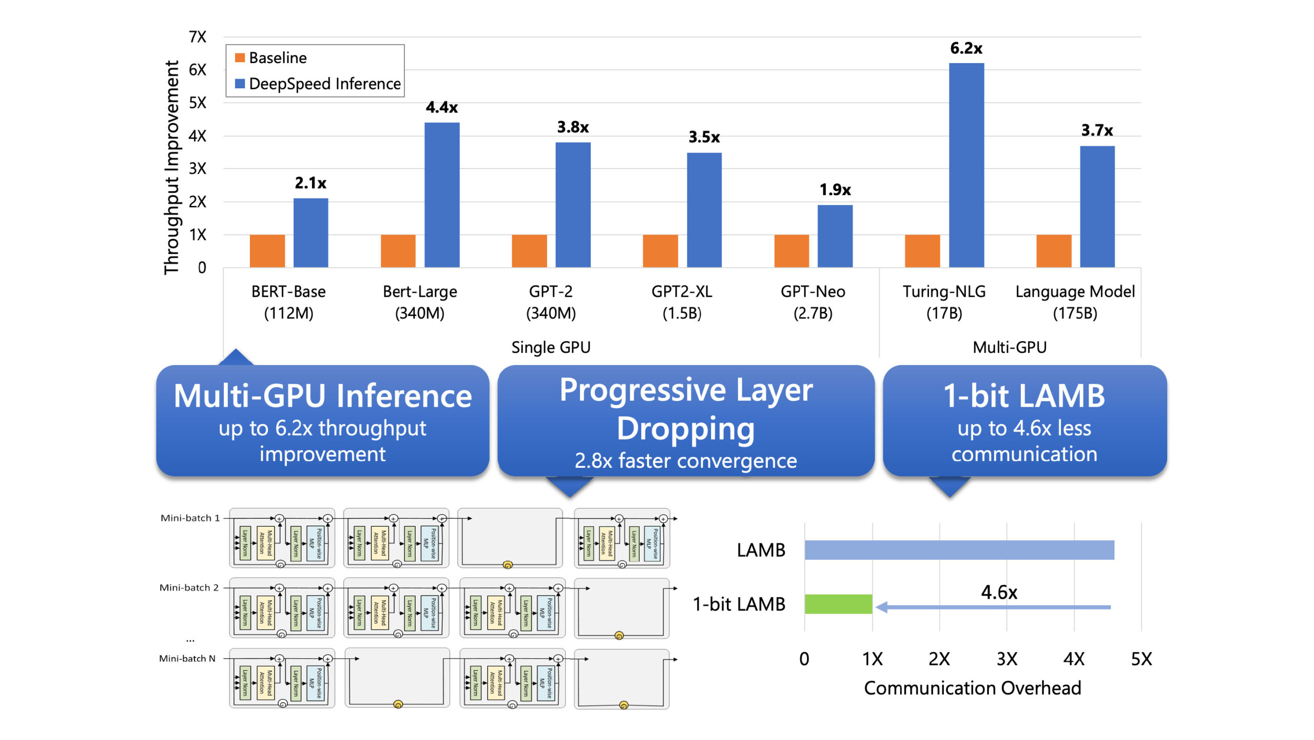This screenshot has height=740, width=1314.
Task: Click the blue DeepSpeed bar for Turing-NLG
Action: point(966,164)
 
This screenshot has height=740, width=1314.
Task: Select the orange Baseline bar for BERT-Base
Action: point(267,251)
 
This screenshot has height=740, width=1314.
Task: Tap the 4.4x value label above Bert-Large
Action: point(441,107)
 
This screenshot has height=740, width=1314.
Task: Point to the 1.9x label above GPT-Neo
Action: point(835,190)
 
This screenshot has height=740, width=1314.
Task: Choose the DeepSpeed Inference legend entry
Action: point(318,84)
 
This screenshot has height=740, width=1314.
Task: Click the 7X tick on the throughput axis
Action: point(198,37)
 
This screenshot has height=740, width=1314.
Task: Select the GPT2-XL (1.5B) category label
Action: point(682,302)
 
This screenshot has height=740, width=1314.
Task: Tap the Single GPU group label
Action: point(551,347)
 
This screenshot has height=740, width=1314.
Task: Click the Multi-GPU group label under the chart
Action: point(1009,347)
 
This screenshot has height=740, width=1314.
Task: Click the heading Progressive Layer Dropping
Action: point(686,409)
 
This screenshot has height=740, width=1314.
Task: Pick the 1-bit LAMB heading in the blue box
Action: point(1024,396)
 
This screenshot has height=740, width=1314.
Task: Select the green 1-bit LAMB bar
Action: point(838,604)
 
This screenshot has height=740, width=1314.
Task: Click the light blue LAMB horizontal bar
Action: point(959,550)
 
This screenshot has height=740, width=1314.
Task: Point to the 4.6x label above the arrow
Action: point(998,592)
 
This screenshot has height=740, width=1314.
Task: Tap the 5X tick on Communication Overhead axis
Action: point(1141,659)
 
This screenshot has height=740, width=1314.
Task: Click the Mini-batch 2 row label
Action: point(189,587)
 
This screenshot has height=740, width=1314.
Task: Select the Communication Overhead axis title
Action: point(972,688)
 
